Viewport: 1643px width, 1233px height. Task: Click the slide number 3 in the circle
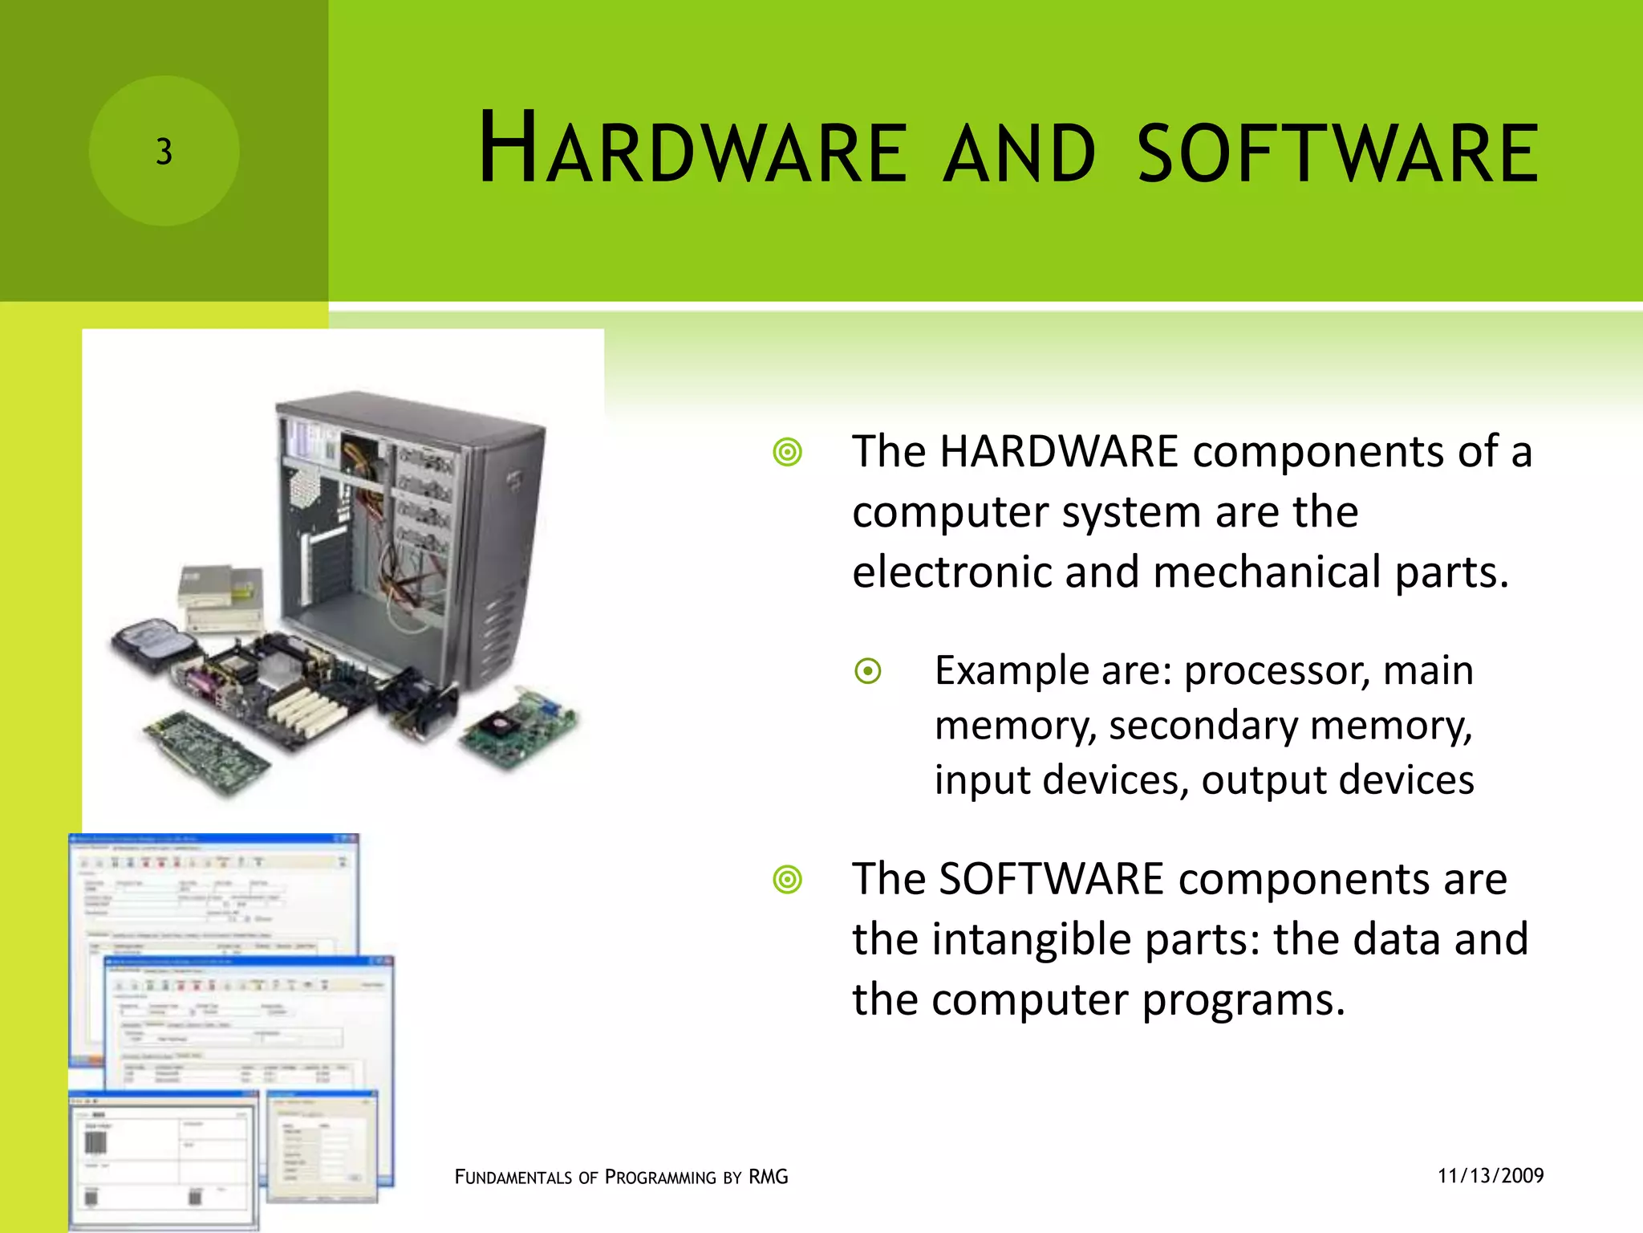click(x=164, y=152)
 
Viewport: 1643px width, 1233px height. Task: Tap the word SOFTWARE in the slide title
click(x=1337, y=153)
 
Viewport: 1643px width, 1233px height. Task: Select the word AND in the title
click(x=1019, y=153)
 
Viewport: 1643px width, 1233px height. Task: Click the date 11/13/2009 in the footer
click(x=1491, y=1176)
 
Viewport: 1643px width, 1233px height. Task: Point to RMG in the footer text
click(x=768, y=1178)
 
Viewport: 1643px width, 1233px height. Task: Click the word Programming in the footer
click(x=660, y=1178)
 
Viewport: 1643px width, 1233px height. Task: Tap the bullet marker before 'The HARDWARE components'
click(x=787, y=453)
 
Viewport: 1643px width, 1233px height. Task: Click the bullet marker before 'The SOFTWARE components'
click(x=787, y=880)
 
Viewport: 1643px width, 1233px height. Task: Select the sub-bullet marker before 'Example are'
click(x=868, y=671)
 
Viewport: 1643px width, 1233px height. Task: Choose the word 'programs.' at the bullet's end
click(x=1243, y=1000)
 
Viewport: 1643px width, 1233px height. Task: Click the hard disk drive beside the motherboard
click(x=154, y=643)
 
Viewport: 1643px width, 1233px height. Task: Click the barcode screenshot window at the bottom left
click(x=164, y=1160)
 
